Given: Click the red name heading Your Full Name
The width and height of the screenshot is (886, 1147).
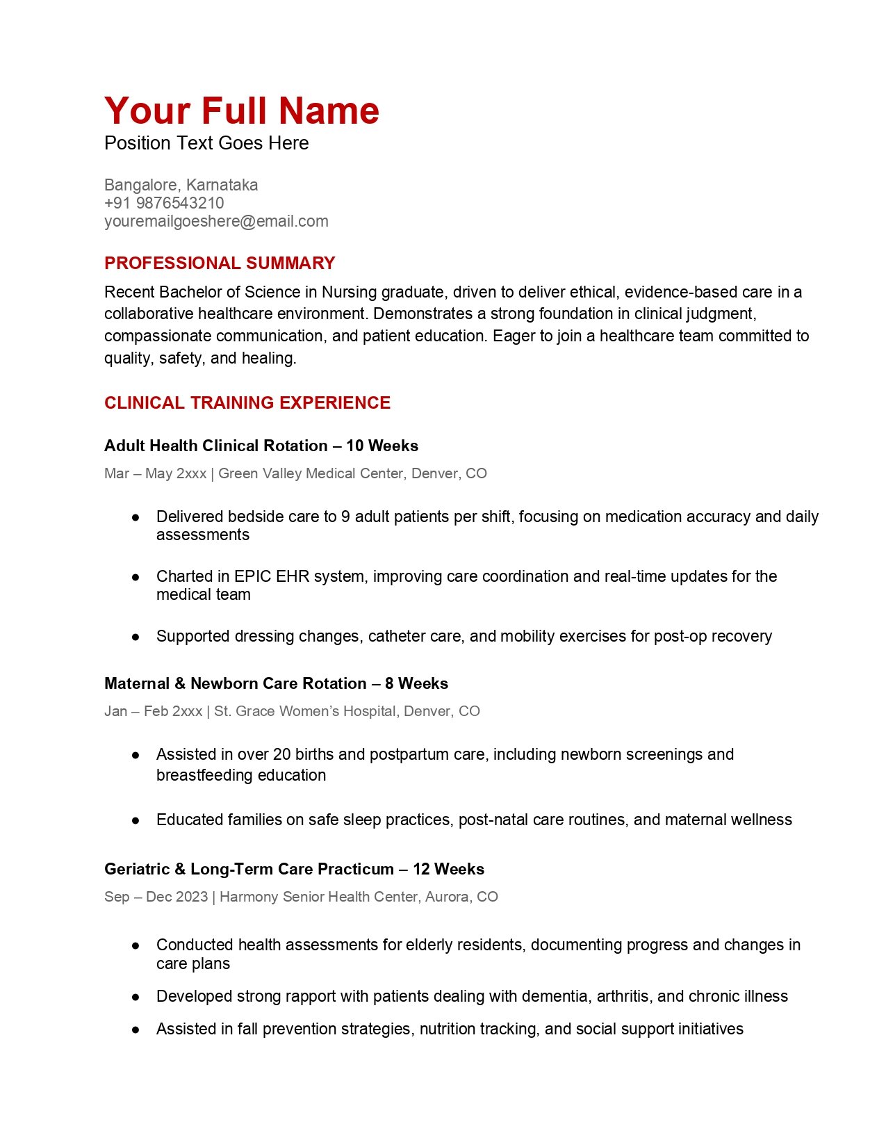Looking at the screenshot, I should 242,111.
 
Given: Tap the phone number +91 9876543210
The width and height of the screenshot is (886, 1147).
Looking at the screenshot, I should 164,203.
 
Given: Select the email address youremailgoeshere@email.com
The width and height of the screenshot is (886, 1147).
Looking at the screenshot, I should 216,221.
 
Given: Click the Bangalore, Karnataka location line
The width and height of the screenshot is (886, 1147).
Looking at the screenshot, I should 181,185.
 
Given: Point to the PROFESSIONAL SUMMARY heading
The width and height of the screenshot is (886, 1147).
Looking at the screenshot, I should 220,263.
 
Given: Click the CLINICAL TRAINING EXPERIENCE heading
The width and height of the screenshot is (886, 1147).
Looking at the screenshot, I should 247,403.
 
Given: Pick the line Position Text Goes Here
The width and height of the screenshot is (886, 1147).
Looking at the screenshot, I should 206,143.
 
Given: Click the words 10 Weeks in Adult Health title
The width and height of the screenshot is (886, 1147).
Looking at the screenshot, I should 382,446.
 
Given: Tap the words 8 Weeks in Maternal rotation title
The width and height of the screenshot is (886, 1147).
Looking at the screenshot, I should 416,683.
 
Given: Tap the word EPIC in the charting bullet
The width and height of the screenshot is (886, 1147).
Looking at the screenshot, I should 253,576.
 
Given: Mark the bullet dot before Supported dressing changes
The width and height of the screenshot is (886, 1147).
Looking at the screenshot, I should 136,637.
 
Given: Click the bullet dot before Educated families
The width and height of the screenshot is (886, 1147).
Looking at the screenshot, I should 136,820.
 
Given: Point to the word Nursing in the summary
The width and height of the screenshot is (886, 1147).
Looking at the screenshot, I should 349,292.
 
